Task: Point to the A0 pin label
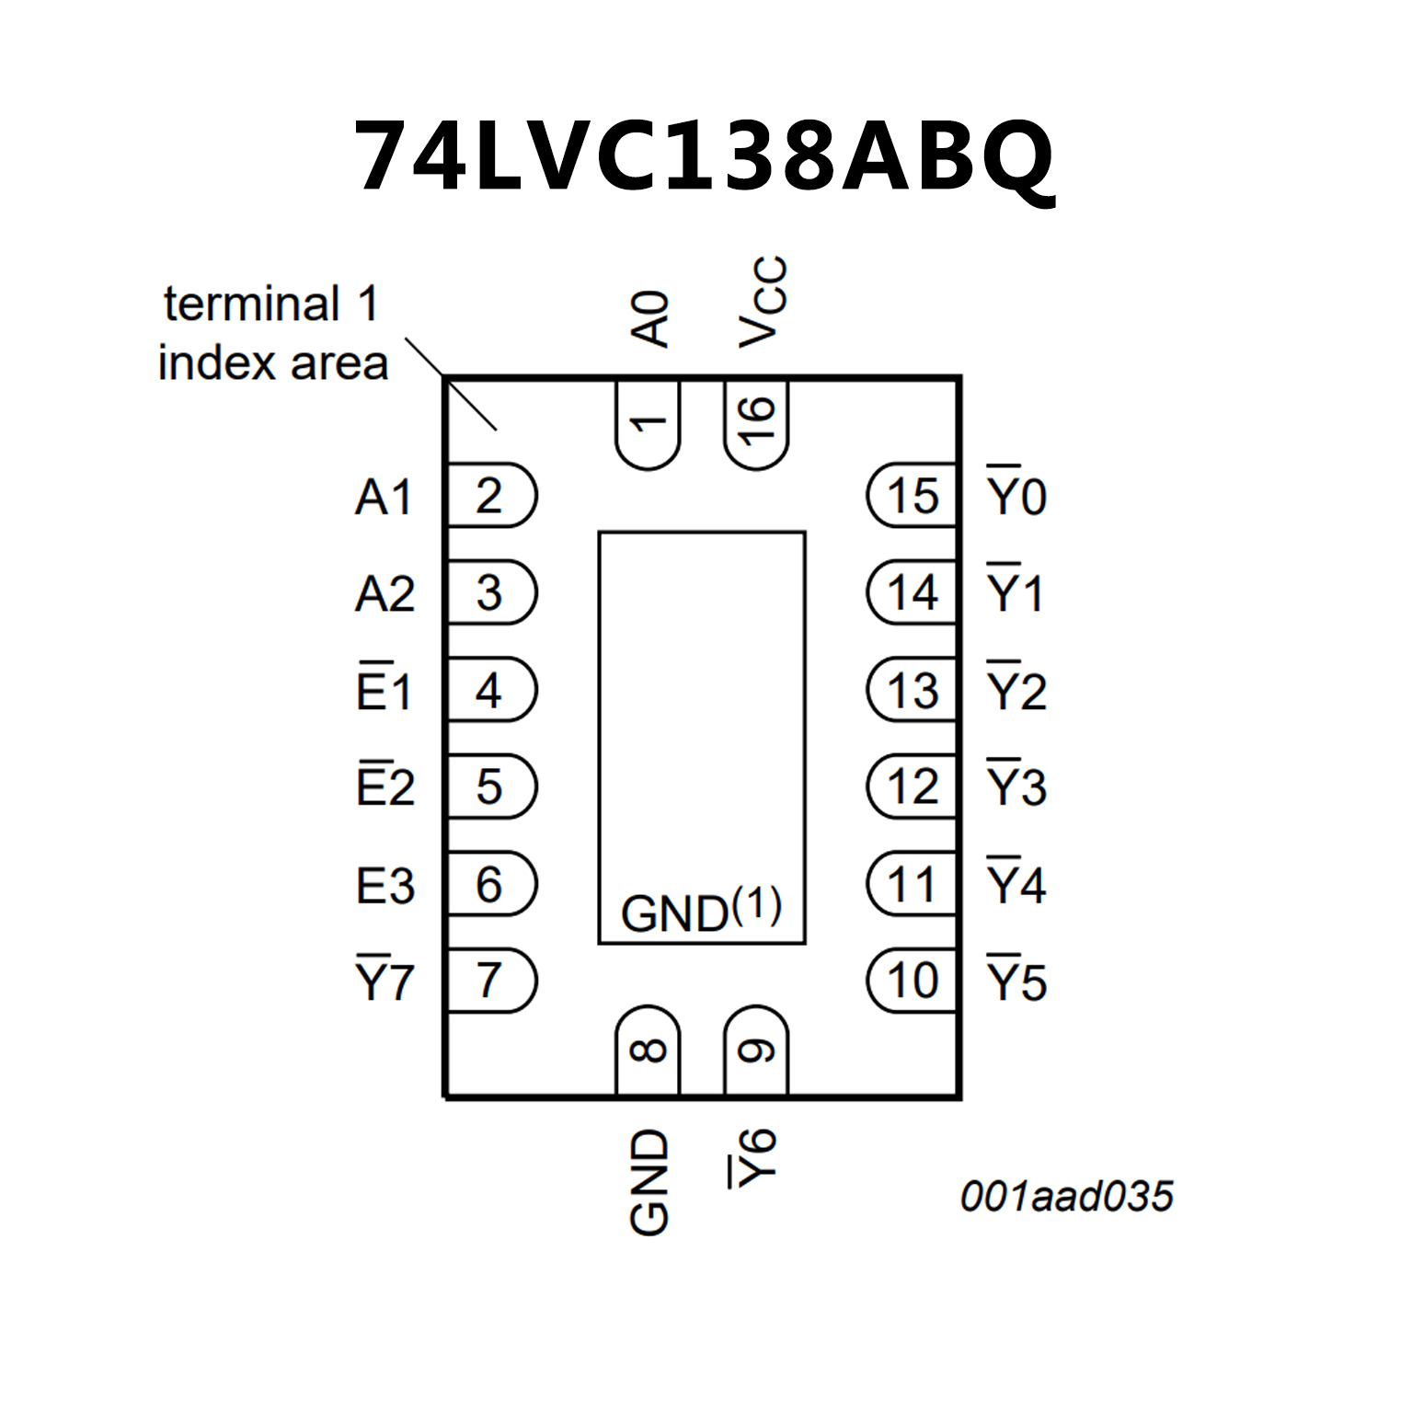(650, 319)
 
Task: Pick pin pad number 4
(489, 690)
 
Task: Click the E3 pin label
(385, 886)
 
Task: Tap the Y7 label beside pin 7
(385, 981)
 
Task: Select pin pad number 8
(648, 1050)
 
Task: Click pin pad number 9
(756, 1050)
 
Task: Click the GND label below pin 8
(649, 1182)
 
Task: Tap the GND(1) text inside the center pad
(701, 911)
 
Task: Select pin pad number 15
(913, 496)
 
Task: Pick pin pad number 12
(913, 786)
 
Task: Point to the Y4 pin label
(1016, 883)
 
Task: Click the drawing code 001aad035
(1067, 1197)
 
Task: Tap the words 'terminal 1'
(271, 304)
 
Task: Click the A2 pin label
(385, 593)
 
